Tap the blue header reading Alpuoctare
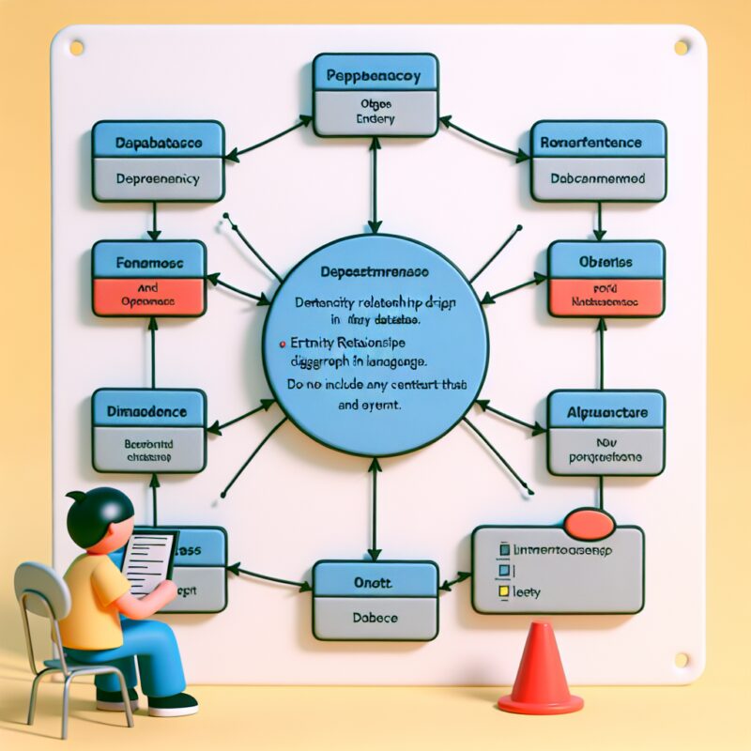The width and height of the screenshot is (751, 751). click(605, 410)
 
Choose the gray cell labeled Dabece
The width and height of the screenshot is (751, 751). click(375, 619)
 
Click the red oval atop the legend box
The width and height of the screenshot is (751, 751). click(590, 522)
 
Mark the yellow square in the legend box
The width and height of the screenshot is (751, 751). click(504, 592)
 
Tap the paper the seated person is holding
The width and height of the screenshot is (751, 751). click(149, 560)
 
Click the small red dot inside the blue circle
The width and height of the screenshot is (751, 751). click(284, 345)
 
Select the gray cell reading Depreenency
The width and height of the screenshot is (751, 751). click(158, 179)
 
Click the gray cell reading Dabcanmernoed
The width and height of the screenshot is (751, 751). click(598, 179)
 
